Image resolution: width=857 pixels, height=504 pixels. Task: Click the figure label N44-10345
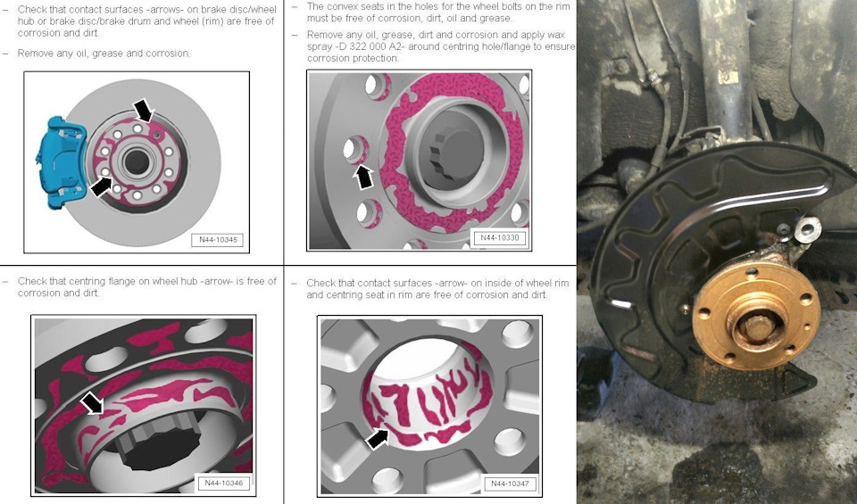tap(218, 240)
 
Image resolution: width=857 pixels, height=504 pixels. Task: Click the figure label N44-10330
tap(500, 237)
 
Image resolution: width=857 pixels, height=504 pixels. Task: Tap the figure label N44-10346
tap(223, 483)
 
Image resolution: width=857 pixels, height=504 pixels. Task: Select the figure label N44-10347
tap(510, 483)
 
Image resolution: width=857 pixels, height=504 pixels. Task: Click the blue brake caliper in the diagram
tap(59, 162)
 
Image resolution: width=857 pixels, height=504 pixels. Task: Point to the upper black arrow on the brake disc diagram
tap(143, 110)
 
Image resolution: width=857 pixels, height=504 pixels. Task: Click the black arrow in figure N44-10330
tap(363, 177)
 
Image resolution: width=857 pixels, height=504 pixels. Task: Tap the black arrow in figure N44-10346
tap(92, 403)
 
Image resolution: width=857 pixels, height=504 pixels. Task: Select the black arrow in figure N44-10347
tap(377, 438)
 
